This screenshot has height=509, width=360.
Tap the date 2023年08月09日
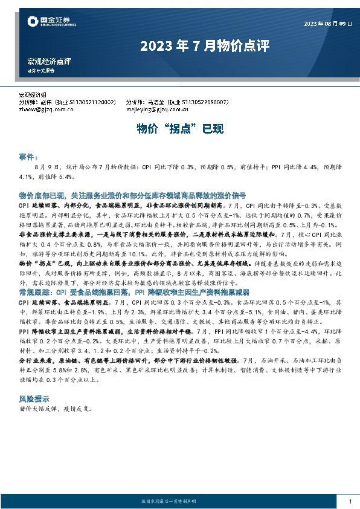tap(327, 24)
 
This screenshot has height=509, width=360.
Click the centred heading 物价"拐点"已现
tap(179, 129)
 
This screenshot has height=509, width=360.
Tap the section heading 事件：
tap(30, 156)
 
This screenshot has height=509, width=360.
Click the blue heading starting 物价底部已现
tap(132, 196)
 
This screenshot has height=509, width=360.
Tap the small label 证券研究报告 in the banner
tap(41, 70)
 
